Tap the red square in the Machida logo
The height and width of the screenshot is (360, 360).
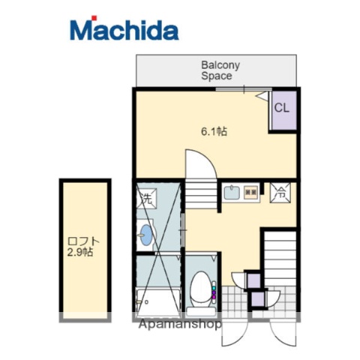pos(94,18)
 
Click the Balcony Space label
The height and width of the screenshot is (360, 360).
pos(220,70)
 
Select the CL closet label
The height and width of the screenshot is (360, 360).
pos(282,108)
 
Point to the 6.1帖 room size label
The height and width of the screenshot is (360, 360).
pos(214,131)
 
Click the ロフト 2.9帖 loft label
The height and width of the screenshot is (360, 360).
pos(82,247)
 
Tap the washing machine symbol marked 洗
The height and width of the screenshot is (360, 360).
pos(146,199)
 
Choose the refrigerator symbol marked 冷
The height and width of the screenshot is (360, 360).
pos(280,193)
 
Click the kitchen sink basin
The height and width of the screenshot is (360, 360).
pos(232,193)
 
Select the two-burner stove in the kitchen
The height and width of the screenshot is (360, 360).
pos(250,192)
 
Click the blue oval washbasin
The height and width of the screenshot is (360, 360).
pos(146,235)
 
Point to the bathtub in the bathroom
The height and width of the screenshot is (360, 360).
pos(158,301)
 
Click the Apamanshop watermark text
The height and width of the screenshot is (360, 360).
pos(180,324)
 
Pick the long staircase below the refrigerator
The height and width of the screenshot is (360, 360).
pos(280,259)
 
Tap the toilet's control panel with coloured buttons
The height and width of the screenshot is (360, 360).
pos(214,292)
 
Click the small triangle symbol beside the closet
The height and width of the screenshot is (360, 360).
pos(261,96)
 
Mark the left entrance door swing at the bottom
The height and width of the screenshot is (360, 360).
pos(234,334)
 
